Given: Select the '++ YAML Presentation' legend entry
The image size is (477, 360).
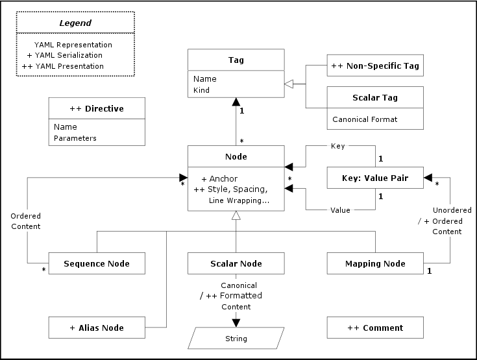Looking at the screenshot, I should point(62,66).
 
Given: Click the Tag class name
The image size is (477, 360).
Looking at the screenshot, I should point(236,60).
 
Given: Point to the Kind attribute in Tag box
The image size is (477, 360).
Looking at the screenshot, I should point(201,90).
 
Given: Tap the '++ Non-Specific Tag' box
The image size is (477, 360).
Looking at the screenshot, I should point(375,66).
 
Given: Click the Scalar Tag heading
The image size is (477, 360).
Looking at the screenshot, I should point(375,98).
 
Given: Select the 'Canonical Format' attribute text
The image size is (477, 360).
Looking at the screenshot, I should point(365,119).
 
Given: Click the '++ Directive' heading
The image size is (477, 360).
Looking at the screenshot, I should point(97,108).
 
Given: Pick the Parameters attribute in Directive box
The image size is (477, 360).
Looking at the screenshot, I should point(75,138).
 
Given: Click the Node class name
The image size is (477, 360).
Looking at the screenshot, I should point(236,156).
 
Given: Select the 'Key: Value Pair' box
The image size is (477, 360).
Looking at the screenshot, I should point(375,178).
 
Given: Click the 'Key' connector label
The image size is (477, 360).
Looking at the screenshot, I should point(337,147).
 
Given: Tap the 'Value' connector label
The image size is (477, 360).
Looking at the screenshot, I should point(340,210).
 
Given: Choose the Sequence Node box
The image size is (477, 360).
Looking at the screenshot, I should point(97,263).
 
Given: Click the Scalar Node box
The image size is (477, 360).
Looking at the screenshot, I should point(236,263).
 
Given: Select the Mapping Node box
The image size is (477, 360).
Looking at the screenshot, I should point(375,263).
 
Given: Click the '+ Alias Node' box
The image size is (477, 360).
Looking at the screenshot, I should point(97,328).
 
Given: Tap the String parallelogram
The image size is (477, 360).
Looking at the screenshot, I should point(236,338).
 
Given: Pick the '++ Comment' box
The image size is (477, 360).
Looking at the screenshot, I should point(375,328).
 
